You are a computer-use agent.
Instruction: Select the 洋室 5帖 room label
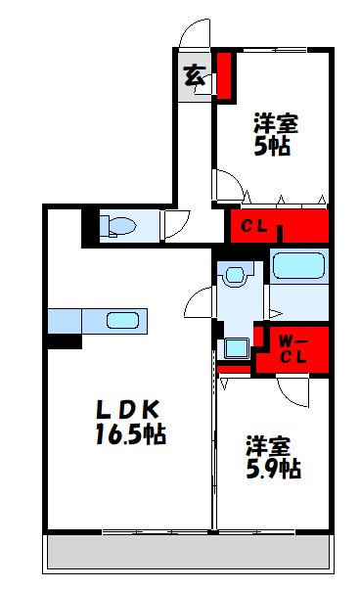click(277, 135)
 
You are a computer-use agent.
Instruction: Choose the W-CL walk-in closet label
click(292, 348)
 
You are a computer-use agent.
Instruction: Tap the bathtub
click(299, 266)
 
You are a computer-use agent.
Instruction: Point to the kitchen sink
click(122, 320)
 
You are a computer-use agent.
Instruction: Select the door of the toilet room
click(177, 224)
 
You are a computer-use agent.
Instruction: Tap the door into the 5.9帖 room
click(292, 392)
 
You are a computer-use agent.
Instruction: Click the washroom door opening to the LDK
click(204, 301)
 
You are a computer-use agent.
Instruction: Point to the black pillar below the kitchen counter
click(65, 341)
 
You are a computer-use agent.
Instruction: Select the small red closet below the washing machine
click(236, 370)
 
